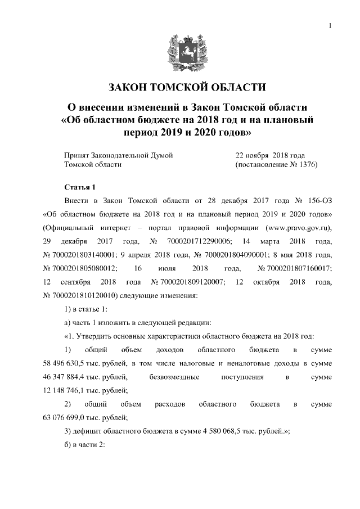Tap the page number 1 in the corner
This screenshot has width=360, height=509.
(x=330, y=25)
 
